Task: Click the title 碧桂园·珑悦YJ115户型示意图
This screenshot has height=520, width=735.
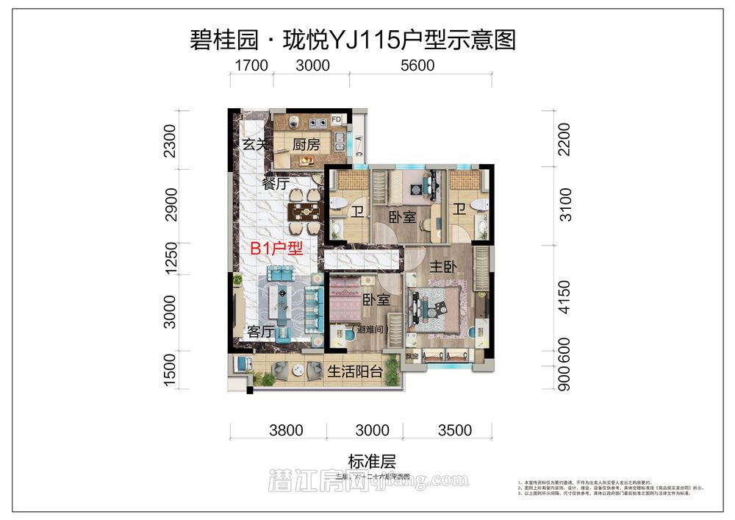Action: tap(353, 39)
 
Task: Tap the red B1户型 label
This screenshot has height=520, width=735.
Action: tap(276, 249)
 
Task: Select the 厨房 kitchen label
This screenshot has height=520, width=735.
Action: tap(306, 145)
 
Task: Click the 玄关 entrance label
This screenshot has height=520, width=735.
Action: tap(255, 145)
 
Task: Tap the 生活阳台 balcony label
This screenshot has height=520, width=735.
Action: tap(355, 371)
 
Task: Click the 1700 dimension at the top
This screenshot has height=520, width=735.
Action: tap(251, 65)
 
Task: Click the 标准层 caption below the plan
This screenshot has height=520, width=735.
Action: tap(372, 463)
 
